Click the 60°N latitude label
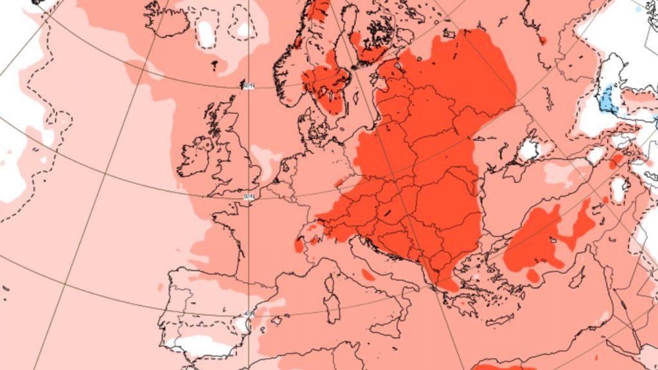pyautogui.click(x=248, y=86)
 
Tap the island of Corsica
pyautogui.click(x=330, y=283)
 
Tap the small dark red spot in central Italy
pyautogui.click(x=368, y=275)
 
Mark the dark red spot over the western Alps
pyautogui.click(x=299, y=245)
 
